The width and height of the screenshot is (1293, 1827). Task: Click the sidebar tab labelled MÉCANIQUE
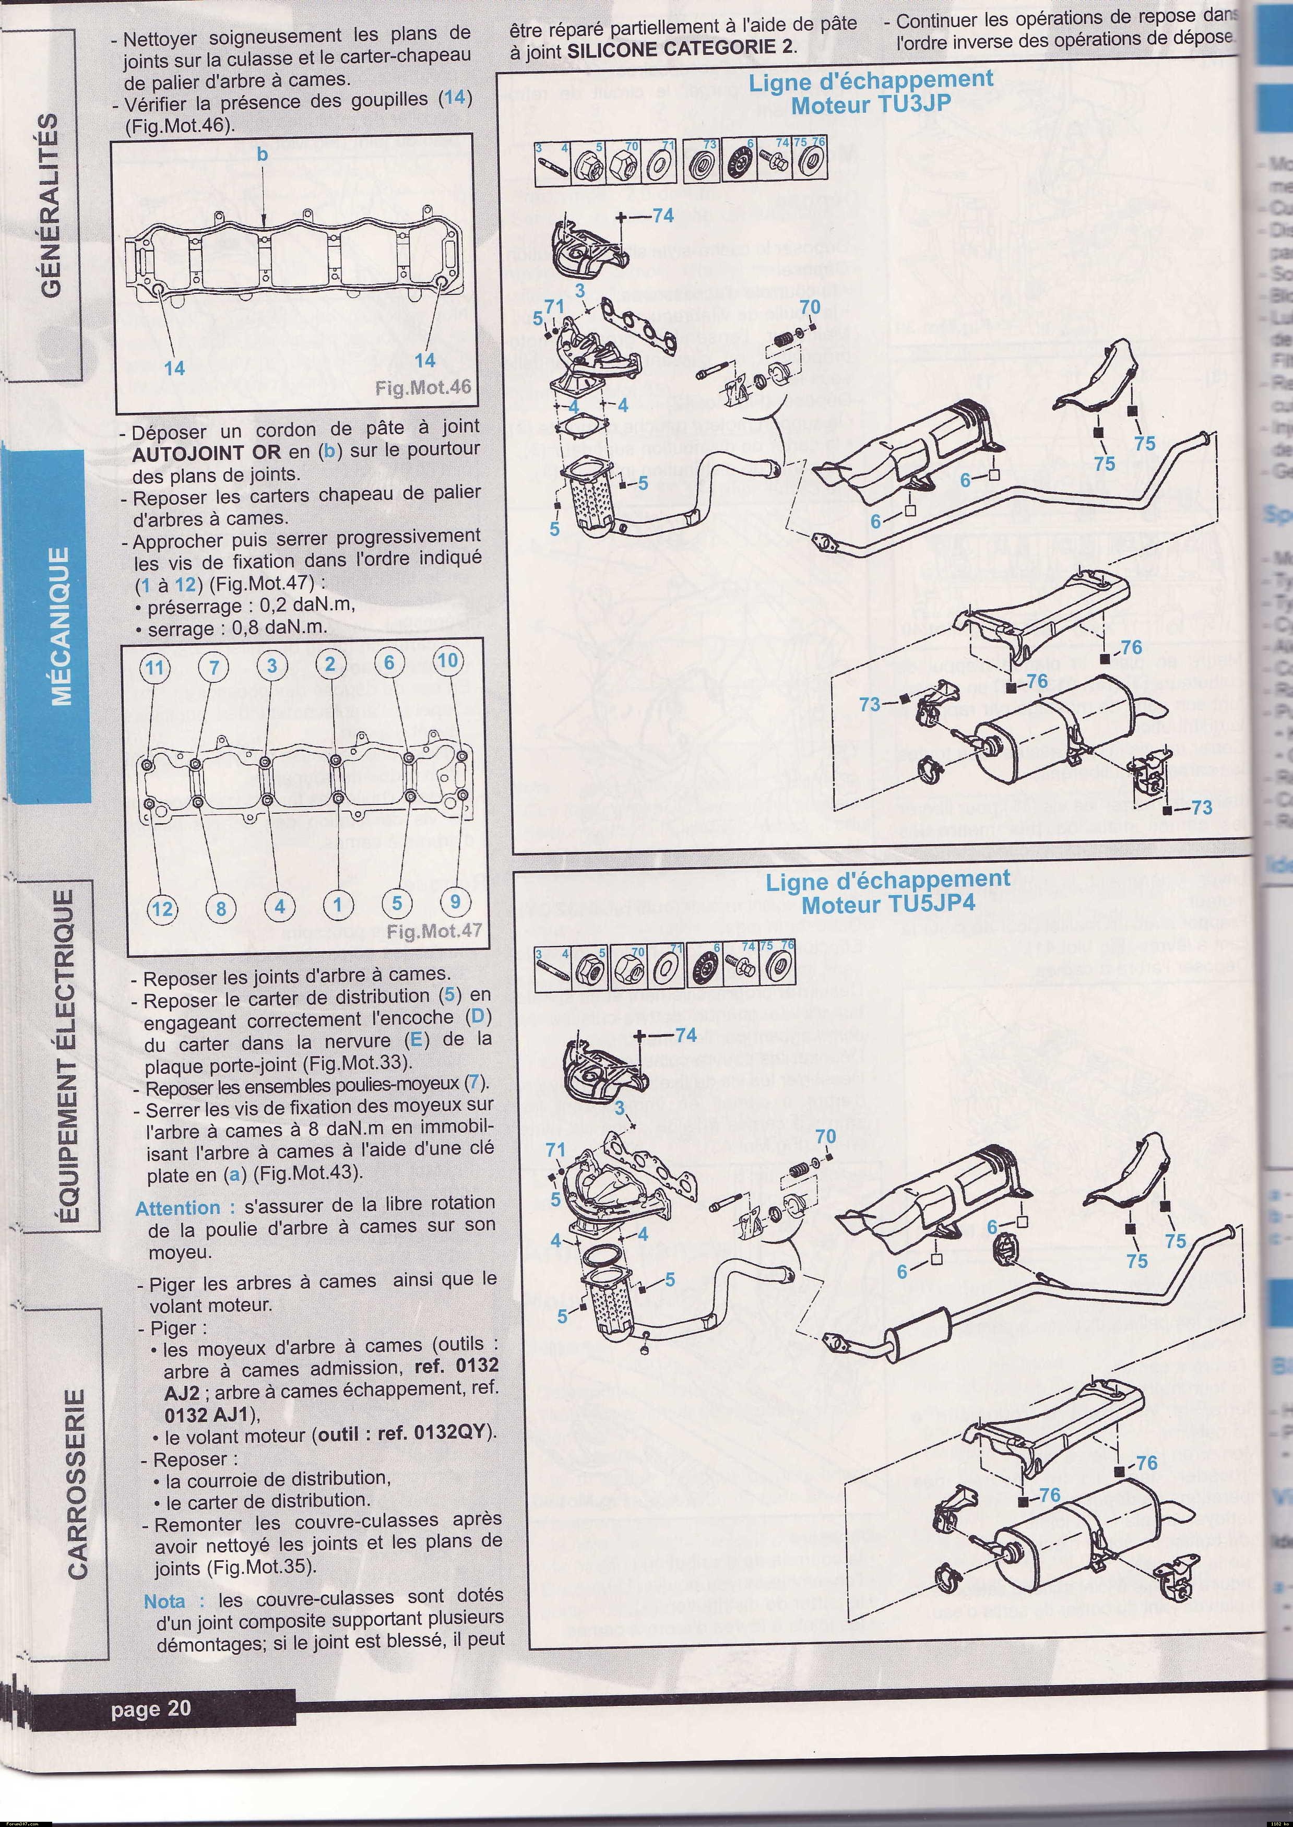[62, 626]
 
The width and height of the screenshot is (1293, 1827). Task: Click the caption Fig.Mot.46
[422, 388]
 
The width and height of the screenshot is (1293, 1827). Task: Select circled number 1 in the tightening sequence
[338, 904]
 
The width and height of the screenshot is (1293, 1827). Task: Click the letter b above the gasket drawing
[263, 155]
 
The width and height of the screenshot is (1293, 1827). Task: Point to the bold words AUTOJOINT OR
[206, 452]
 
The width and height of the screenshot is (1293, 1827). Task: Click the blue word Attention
[177, 1208]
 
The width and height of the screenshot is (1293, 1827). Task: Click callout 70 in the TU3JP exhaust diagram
[809, 308]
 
